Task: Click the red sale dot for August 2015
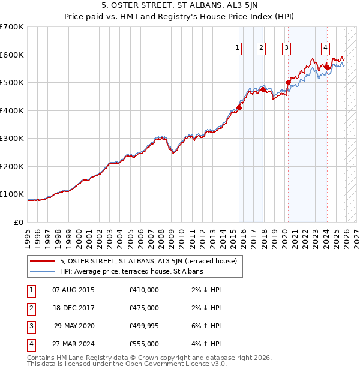click(239, 108)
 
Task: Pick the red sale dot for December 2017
click(263, 89)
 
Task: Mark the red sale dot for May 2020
click(288, 83)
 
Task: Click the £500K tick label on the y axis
click(12, 83)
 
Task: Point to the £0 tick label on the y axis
click(19, 222)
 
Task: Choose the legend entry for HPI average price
click(131, 271)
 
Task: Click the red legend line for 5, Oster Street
click(43, 261)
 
